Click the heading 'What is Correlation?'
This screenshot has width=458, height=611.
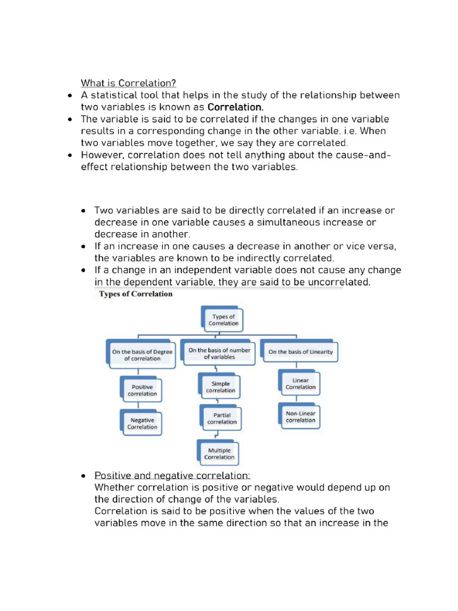pyautogui.click(x=128, y=83)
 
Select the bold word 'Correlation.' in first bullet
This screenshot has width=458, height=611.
pyautogui.click(x=235, y=107)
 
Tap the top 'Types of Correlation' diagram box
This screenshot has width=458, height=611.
pyautogui.click(x=223, y=320)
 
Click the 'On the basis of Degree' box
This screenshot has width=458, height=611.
pyautogui.click(x=142, y=355)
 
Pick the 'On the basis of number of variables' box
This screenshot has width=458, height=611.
pyautogui.click(x=219, y=353)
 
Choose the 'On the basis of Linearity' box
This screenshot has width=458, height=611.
pyautogui.click(x=300, y=352)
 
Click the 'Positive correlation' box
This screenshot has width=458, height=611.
pyautogui.click(x=143, y=390)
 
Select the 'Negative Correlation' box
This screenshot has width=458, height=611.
pyautogui.click(x=142, y=423)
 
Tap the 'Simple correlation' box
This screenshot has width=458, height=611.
pyautogui.click(x=220, y=387)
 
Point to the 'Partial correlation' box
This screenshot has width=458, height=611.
pyautogui.click(x=221, y=418)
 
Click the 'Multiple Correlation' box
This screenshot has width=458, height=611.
pyautogui.click(x=219, y=453)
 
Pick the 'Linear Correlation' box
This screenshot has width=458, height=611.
pyautogui.click(x=300, y=383)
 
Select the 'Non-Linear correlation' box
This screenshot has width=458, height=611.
pyautogui.click(x=300, y=416)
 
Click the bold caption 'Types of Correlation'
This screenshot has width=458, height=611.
pyautogui.click(x=135, y=294)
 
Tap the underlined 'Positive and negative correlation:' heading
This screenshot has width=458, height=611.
pyautogui.click(x=172, y=476)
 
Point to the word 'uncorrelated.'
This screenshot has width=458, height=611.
pyautogui.click(x=341, y=282)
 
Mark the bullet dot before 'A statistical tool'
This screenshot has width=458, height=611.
pyautogui.click(x=70, y=95)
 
